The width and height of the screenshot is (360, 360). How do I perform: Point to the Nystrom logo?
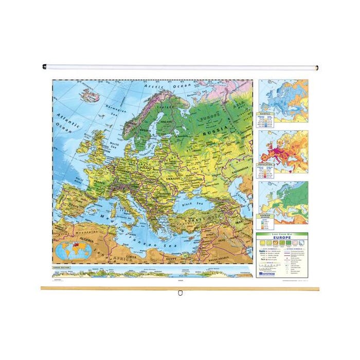tap(268, 274)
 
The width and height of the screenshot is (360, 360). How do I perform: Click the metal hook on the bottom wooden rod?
tap(180, 294)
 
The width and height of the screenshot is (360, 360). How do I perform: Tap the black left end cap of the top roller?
tap(44, 66)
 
